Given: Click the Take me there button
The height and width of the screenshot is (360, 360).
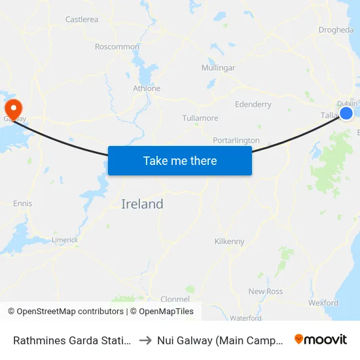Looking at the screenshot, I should pos(180,160).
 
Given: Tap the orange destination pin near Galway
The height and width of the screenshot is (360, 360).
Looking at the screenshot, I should pos(12,108).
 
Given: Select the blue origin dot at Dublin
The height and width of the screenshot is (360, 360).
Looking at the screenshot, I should pos(346,113).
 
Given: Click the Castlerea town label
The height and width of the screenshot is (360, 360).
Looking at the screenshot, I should pos(82,20).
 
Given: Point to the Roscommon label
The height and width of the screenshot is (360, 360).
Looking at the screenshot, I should pos(117,46).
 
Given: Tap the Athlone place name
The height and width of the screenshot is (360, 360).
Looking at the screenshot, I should pos(146,88).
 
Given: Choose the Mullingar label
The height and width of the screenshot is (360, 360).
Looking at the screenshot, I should pos(219,68).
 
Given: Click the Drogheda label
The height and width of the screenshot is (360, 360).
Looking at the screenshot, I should pos(336,30).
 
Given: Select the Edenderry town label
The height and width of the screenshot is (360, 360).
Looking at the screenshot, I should pos(253,104).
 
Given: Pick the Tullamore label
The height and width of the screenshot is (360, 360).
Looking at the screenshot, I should pos(200,118).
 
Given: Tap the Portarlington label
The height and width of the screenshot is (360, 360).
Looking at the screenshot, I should pos(236,140).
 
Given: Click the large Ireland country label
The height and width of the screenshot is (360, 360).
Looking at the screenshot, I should pos(142,204).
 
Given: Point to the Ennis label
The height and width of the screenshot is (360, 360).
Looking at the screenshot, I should pos(22,204).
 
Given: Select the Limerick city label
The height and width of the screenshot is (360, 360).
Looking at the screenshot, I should pos(65,240).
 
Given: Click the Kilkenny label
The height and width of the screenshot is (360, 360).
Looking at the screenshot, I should pos(229,242).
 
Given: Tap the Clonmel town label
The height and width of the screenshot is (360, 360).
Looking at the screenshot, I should pos(175,281).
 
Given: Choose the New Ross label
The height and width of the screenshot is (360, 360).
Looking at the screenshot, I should pos(266,291).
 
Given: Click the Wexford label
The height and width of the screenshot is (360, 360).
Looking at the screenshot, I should pos(323,303).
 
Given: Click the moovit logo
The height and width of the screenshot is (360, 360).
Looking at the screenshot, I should pos(321,339).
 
